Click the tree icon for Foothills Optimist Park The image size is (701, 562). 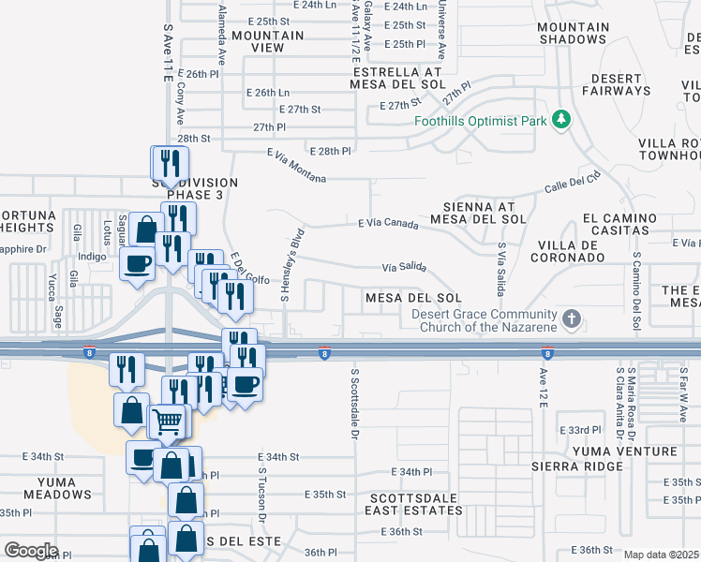(561, 120)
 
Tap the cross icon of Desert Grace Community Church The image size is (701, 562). (571, 320)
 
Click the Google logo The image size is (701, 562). (31, 551)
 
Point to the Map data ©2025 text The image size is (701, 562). (662, 555)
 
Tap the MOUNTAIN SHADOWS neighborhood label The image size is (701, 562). (573, 33)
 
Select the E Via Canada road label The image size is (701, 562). (387, 223)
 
